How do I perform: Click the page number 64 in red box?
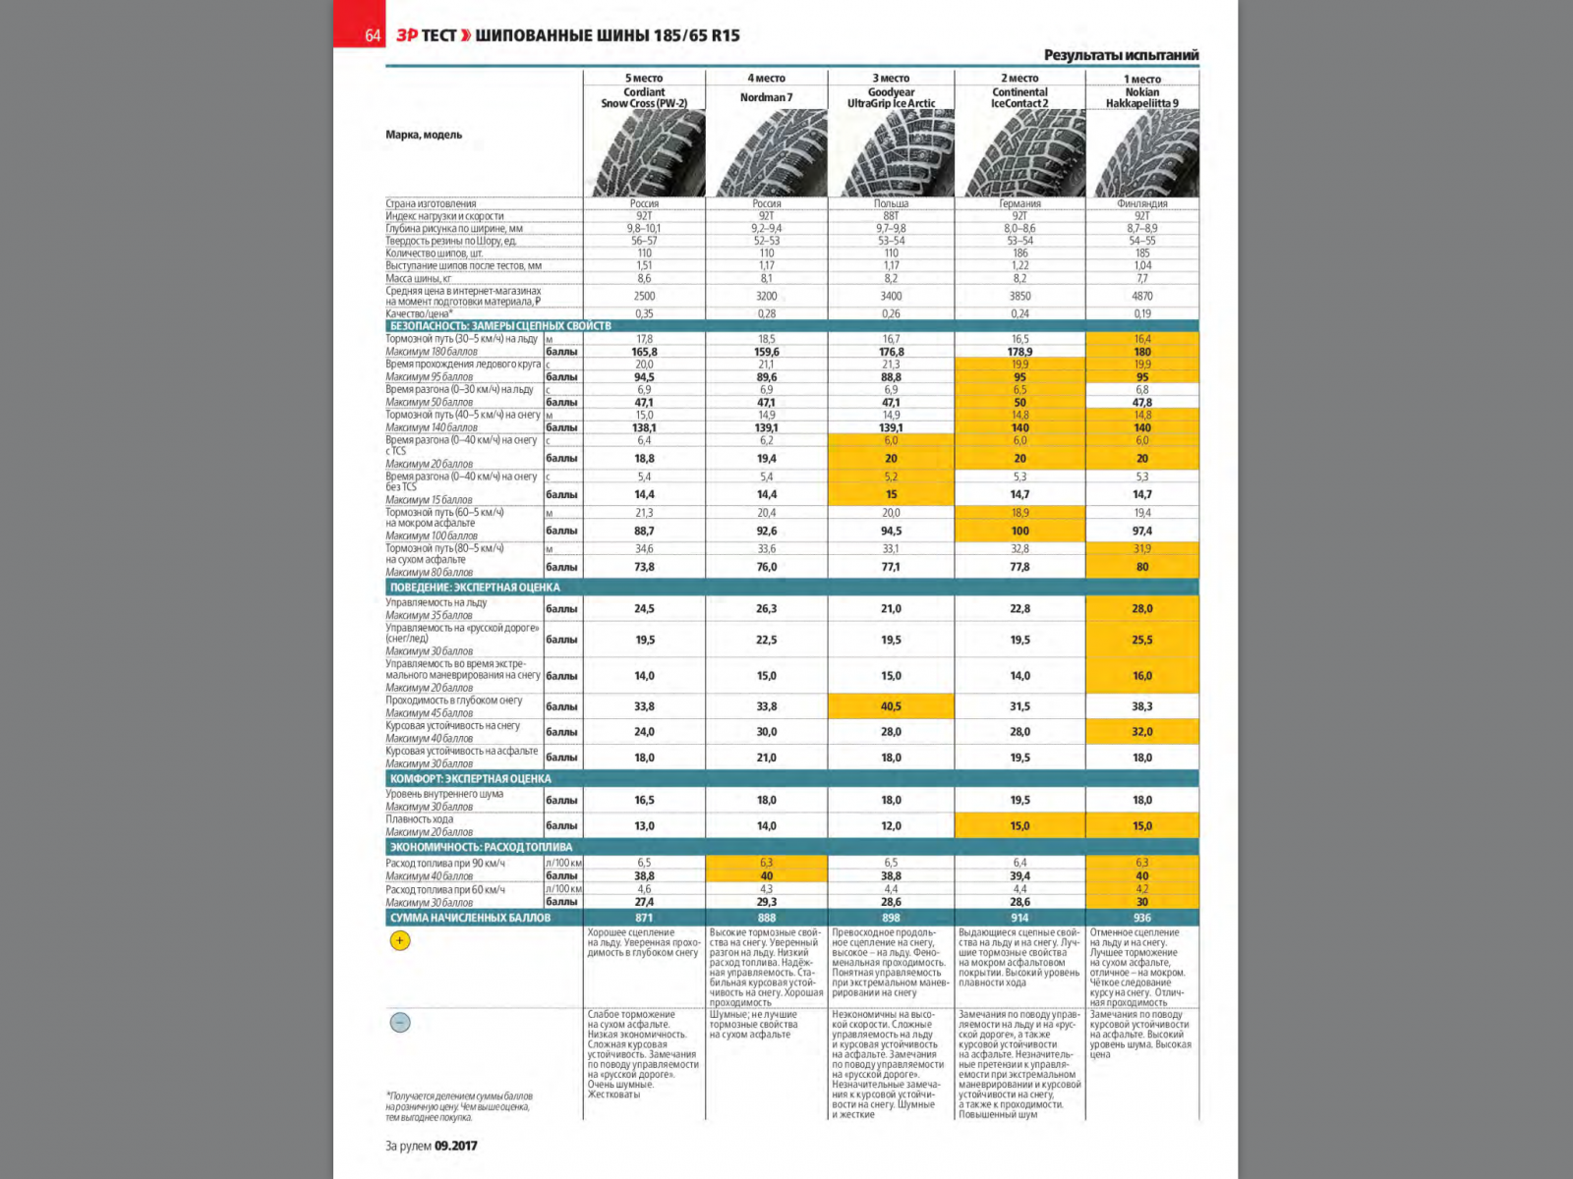[372, 35]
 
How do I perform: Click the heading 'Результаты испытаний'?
[1121, 55]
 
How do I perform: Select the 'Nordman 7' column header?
[766, 97]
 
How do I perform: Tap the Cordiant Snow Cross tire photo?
[646, 153]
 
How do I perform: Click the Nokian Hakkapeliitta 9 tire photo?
[1142, 153]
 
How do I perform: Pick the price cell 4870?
[1141, 296]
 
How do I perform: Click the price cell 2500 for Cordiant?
[644, 296]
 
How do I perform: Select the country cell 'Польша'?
[891, 203]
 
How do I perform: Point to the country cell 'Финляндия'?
[1141, 203]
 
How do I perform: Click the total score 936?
[1141, 918]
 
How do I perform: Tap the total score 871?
[644, 918]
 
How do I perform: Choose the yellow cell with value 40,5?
[891, 706]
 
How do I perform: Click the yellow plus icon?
[400, 941]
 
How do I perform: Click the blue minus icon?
[400, 1023]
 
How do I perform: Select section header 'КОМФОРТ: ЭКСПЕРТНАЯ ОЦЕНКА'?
[470, 779]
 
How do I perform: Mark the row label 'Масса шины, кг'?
[419, 279]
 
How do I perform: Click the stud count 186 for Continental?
[1020, 253]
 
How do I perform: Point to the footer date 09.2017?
[455, 1146]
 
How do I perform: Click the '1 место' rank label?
[1141, 79]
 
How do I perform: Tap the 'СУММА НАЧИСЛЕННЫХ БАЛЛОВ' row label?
[470, 918]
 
